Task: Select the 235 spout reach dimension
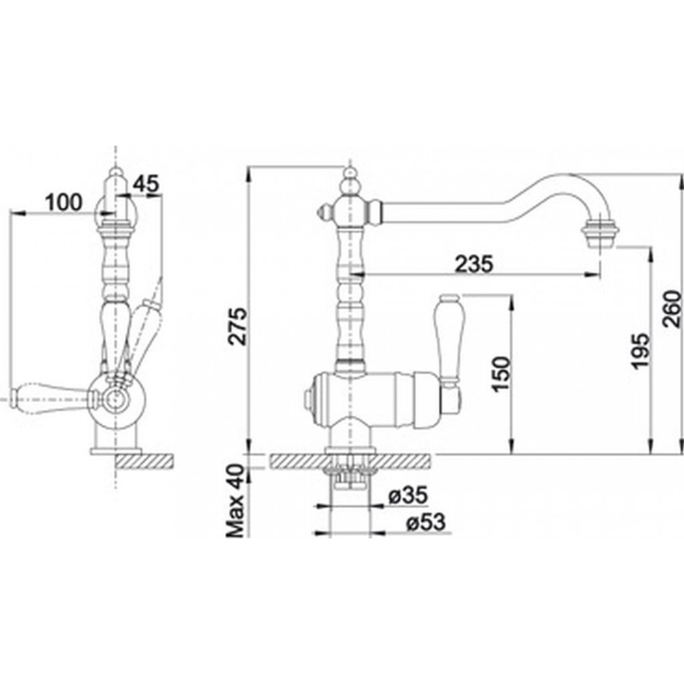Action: [x=474, y=263]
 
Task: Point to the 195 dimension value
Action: [x=640, y=351]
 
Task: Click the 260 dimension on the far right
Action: [x=672, y=309]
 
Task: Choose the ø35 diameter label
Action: [x=408, y=496]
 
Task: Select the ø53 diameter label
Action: [x=425, y=522]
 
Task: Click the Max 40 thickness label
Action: [x=235, y=501]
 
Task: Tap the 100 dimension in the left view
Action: [x=64, y=202]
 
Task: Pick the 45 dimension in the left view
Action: [x=146, y=184]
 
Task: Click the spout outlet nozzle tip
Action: [x=601, y=235]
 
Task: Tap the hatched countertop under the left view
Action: [x=144, y=461]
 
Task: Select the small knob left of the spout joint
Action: [x=324, y=213]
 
